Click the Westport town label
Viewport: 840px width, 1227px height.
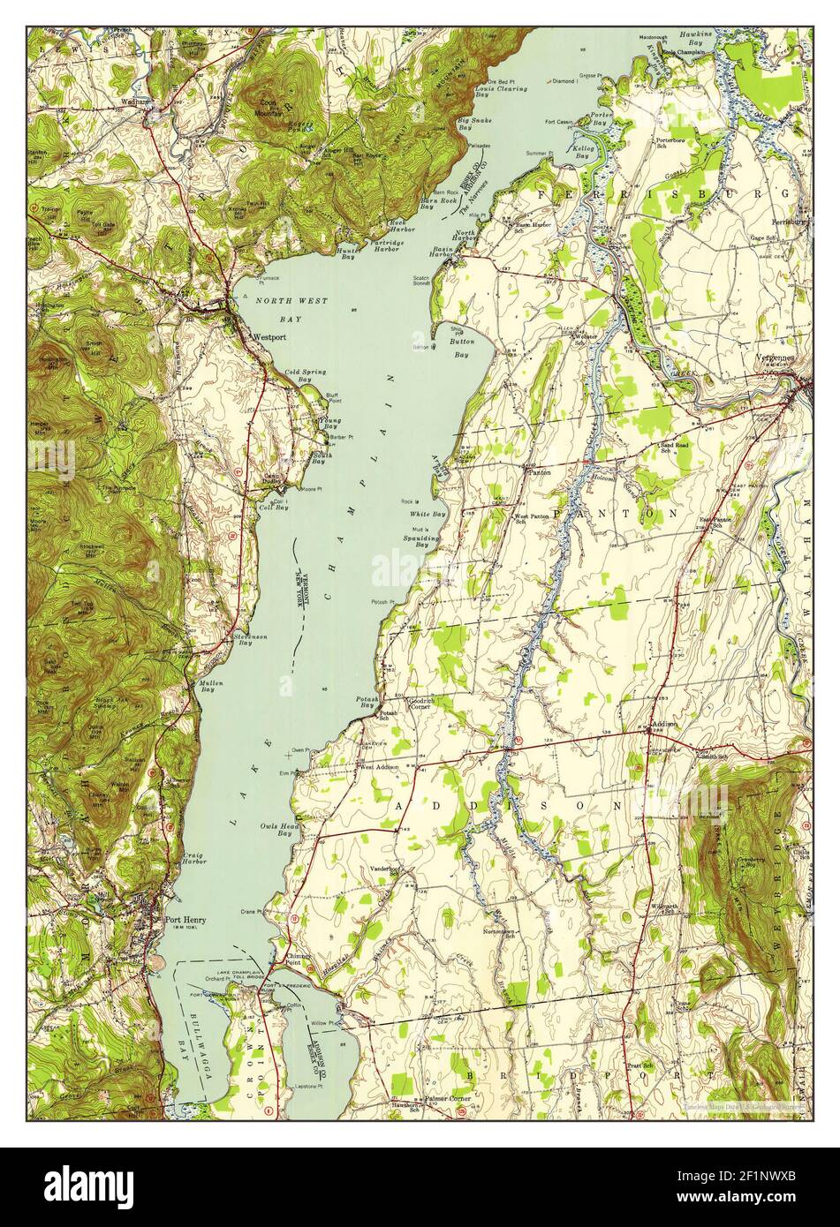click(268, 337)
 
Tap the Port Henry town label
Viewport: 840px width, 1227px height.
click(185, 919)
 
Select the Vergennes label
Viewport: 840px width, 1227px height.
click(776, 358)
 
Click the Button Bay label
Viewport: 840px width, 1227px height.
click(460, 347)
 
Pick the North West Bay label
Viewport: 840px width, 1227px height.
click(291, 310)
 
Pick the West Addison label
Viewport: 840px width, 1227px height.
click(379, 766)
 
